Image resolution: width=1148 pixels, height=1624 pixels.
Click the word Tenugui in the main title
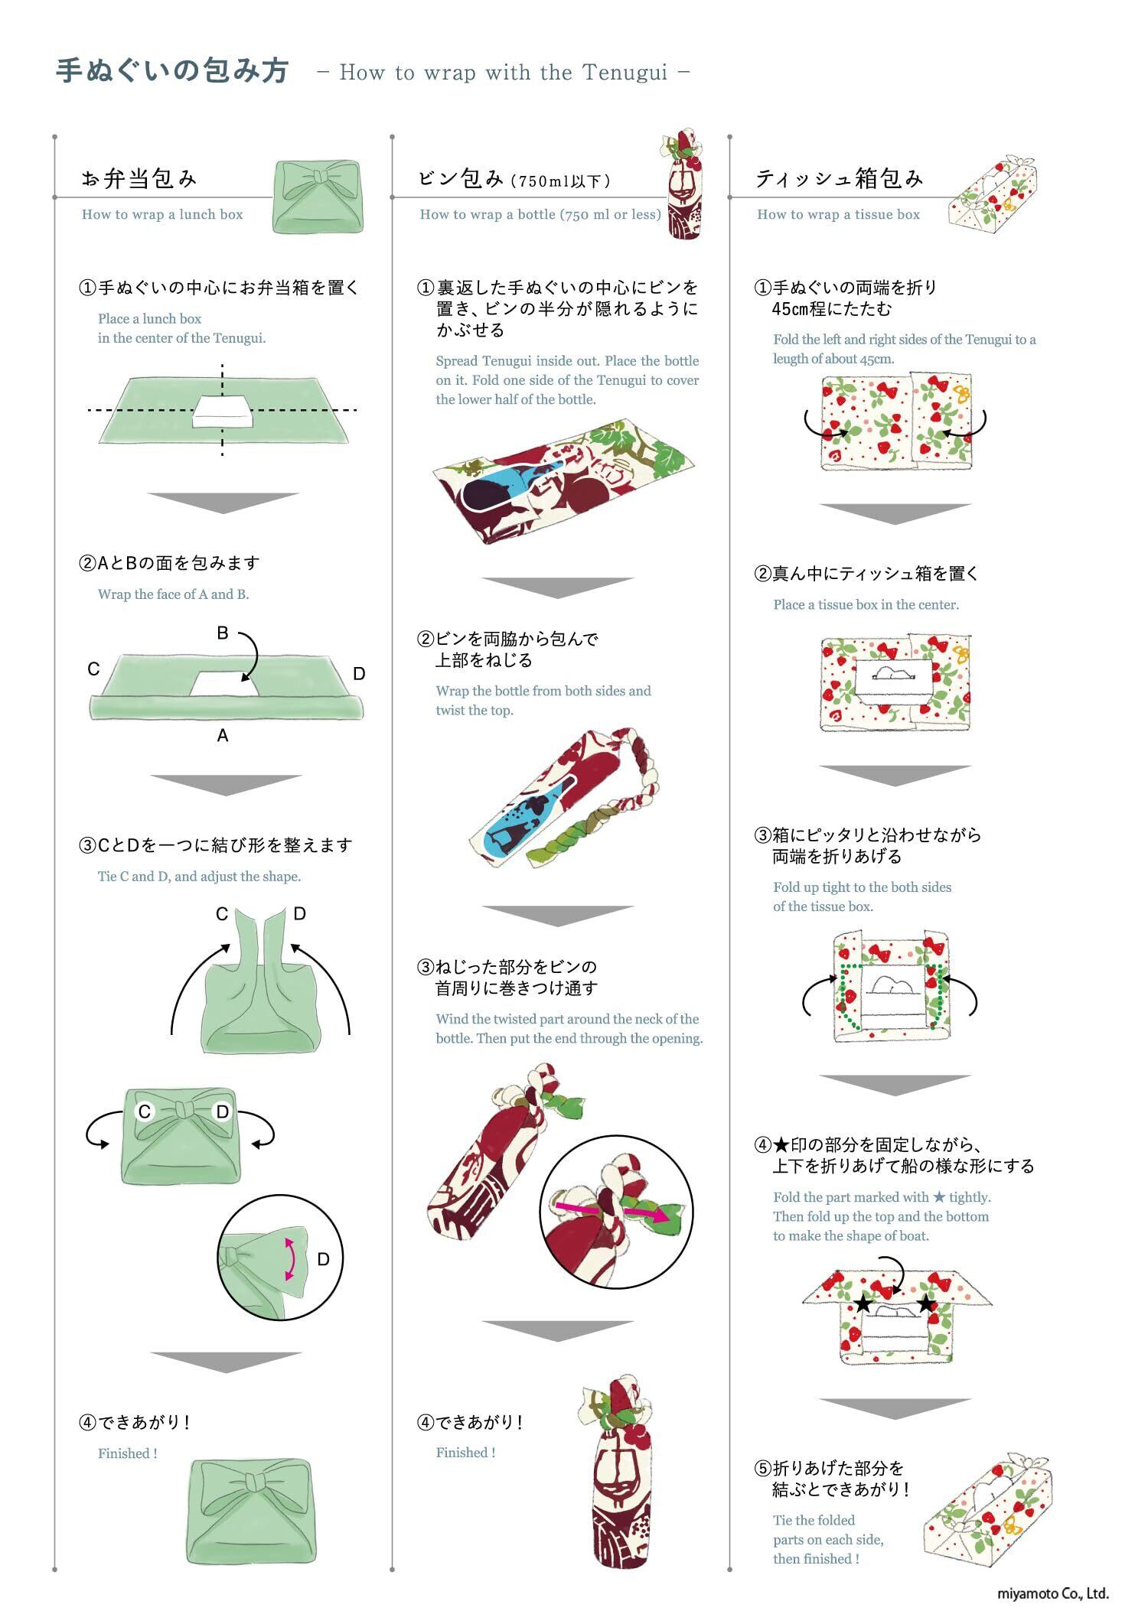coord(625,73)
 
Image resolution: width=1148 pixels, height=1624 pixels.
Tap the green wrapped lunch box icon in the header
coord(318,197)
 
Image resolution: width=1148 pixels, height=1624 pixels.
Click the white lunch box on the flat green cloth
coord(222,411)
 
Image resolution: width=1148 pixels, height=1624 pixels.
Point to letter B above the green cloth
coord(223,633)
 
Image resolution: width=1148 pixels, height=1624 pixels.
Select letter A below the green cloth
coord(223,736)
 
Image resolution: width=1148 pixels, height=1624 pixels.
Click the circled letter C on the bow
coord(145,1111)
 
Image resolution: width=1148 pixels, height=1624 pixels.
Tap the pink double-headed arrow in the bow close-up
coord(289,1258)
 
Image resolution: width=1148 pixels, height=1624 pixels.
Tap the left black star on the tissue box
coord(863,1303)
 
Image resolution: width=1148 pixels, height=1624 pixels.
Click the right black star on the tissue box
coord(926,1303)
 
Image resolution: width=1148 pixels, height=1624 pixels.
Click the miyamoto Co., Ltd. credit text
coord(1052,1594)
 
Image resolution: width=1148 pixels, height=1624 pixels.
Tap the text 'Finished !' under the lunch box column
coord(128,1453)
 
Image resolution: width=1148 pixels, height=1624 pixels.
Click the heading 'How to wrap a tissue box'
coord(838,215)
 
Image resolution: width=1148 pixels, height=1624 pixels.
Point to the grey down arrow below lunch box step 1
coord(223,502)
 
